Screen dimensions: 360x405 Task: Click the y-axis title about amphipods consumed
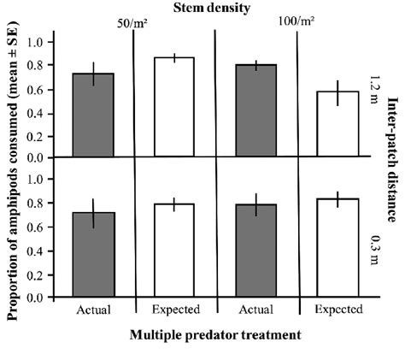point(14,171)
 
